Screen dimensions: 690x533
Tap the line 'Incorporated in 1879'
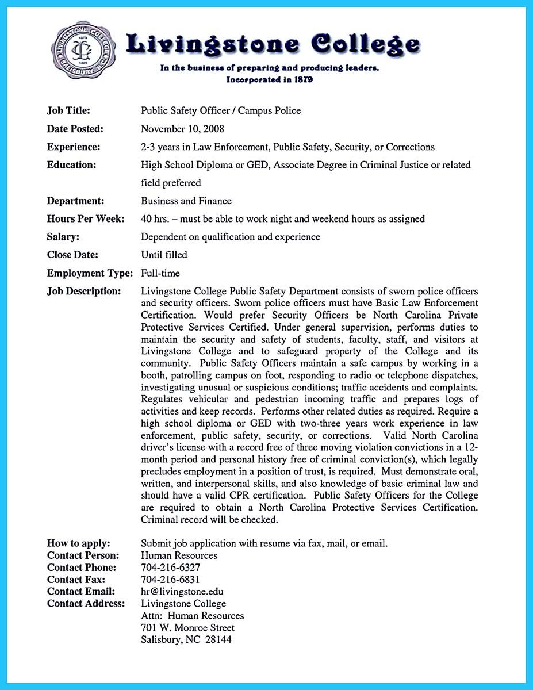(x=269, y=79)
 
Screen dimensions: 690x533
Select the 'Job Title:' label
(x=68, y=110)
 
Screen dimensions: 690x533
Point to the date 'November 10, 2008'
(x=182, y=129)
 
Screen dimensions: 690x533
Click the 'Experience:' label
(x=73, y=147)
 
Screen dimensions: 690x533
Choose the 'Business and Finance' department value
(x=186, y=201)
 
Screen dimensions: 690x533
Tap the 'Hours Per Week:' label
(x=86, y=218)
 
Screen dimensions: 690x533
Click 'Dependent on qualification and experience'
(x=231, y=236)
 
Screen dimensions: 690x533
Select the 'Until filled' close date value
(x=164, y=254)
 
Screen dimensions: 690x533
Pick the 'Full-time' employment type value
(x=160, y=273)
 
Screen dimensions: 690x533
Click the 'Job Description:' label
(x=84, y=291)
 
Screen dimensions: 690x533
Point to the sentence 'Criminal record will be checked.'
(x=209, y=519)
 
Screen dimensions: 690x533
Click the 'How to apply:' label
(x=78, y=543)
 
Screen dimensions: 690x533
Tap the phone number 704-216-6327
(x=170, y=567)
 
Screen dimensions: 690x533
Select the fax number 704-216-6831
(x=170, y=579)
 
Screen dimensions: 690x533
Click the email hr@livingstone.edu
(x=182, y=591)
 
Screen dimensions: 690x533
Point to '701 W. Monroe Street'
(x=187, y=627)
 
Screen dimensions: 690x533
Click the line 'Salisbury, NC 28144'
(x=186, y=639)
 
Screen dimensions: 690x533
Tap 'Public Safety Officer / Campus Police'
(x=221, y=110)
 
